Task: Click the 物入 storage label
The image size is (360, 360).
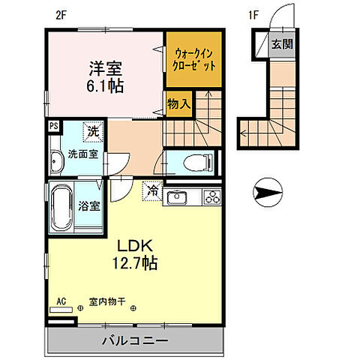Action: click(177, 100)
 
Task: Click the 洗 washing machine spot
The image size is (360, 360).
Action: click(93, 132)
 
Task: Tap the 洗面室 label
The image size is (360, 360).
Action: click(82, 154)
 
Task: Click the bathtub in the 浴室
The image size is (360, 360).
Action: click(61, 205)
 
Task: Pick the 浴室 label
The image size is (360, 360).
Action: click(90, 206)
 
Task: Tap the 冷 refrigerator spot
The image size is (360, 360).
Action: click(153, 191)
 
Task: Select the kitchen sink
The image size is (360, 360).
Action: click(177, 198)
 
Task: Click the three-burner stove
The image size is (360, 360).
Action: click(210, 198)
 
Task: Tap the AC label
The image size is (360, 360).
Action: click(61, 304)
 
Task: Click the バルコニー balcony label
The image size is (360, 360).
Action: click(135, 341)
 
